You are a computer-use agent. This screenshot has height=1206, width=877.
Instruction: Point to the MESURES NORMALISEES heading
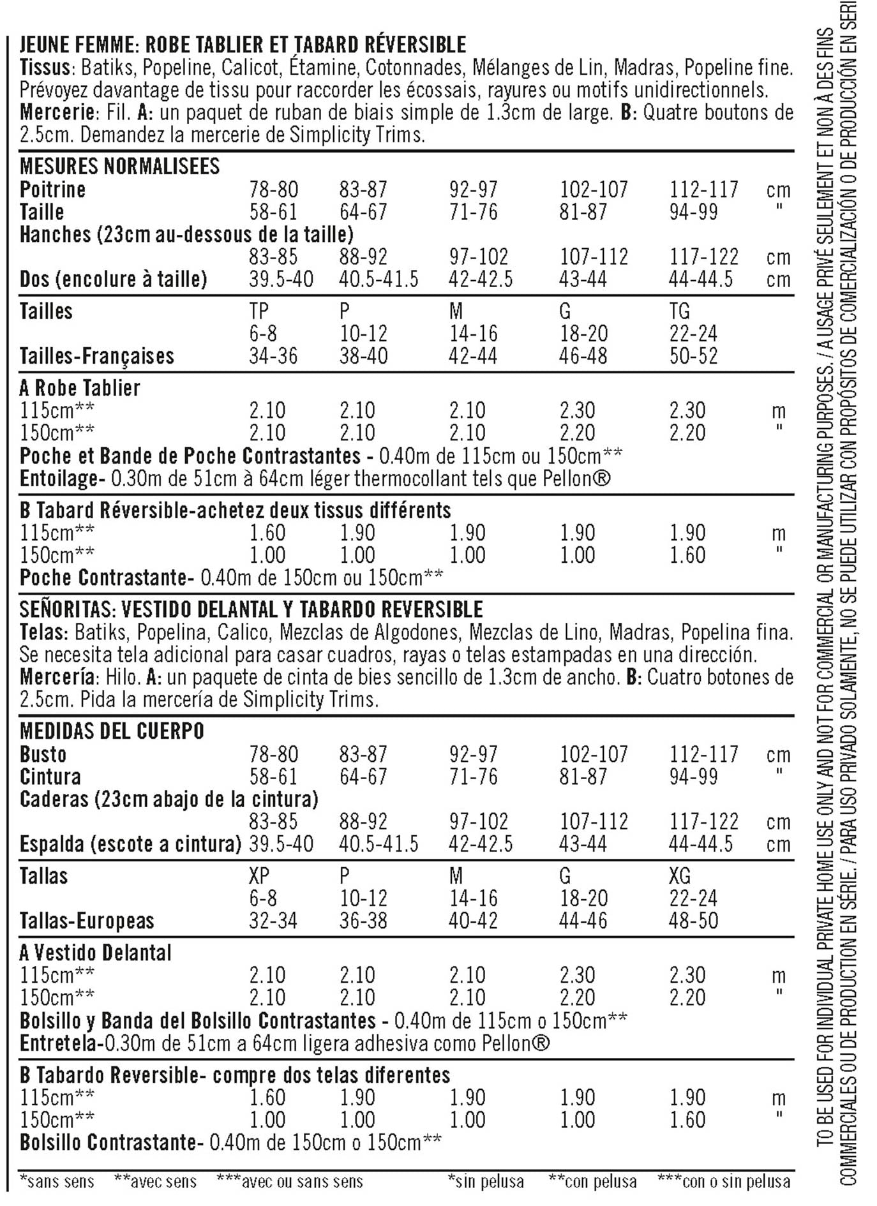119,167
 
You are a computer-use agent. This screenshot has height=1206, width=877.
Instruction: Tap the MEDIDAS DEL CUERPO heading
112,731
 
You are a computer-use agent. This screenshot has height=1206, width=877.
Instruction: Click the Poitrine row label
52,190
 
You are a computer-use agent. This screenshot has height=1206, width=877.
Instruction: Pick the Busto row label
43,754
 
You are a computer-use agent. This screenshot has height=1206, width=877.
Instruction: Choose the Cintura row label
50,777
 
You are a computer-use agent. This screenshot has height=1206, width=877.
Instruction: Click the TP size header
259,311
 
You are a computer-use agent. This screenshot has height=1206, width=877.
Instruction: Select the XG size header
680,876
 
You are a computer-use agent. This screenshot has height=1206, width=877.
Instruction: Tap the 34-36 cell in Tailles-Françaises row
273,356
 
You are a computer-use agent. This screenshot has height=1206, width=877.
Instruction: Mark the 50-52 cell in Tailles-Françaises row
693,356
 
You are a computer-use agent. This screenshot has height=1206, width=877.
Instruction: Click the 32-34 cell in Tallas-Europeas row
273,921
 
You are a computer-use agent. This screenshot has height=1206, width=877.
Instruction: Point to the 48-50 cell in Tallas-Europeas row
693,921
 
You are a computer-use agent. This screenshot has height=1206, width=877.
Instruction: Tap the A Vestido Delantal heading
96,953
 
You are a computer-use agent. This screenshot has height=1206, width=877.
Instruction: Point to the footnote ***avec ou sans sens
290,1182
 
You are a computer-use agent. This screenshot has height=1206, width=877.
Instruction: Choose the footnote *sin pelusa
486,1182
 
